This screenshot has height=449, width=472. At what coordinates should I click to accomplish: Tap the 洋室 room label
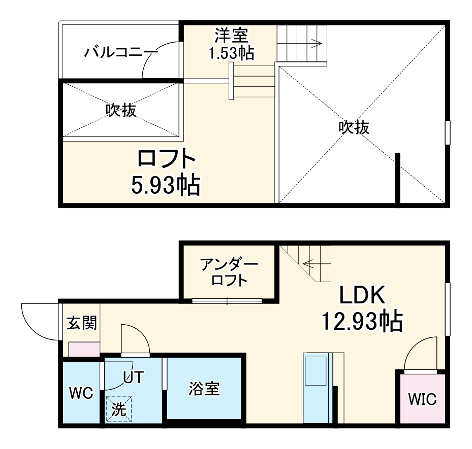pyautogui.click(x=231, y=36)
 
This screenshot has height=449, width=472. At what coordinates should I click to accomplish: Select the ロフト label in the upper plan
pyautogui.click(x=166, y=159)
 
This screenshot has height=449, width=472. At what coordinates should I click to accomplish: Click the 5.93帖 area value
pyautogui.click(x=166, y=186)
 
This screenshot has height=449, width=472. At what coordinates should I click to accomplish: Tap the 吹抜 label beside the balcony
pyautogui.click(x=121, y=111)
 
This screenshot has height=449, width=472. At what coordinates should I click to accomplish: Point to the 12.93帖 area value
pyautogui.click(x=362, y=322)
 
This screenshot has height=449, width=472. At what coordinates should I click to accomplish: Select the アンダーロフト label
pyautogui.click(x=229, y=271)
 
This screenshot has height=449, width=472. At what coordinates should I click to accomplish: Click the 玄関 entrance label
pyautogui.click(x=82, y=323)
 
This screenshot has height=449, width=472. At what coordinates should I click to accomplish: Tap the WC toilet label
pyautogui.click(x=81, y=393)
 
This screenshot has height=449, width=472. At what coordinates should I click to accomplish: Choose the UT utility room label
pyautogui.click(x=134, y=377)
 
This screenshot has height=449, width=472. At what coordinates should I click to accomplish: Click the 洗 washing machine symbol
pyautogui.click(x=118, y=409)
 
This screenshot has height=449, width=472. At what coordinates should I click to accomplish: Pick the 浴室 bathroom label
pyautogui.click(x=204, y=390)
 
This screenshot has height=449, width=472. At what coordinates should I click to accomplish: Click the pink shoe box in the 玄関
pyautogui.click(x=84, y=349)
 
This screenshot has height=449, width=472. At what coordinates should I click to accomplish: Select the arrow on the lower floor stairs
pyautogui.click(x=309, y=263)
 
